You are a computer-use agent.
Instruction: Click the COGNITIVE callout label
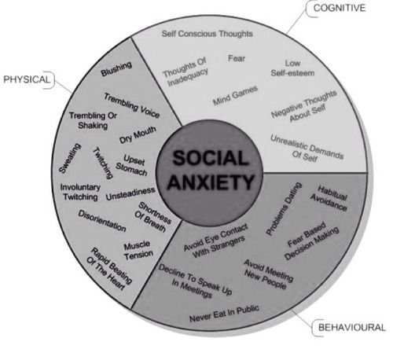340,8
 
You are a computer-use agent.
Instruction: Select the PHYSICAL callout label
27,79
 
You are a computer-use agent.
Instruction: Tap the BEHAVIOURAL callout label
351,327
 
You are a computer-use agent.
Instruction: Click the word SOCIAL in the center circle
210,158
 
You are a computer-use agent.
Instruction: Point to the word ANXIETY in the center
211,182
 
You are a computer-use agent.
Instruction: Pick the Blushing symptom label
116,69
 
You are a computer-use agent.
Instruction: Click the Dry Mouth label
138,134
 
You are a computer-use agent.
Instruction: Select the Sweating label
70,158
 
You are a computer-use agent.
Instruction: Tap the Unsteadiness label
130,193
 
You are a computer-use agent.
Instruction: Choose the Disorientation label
102,221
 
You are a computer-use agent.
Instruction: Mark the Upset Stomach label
132,165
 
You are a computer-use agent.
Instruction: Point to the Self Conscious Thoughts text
207,34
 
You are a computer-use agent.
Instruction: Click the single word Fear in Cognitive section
237,58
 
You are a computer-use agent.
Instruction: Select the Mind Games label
235,95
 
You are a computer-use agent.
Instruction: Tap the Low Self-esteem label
292,68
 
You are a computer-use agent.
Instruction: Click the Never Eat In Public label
224,314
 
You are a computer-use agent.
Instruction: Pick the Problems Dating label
284,209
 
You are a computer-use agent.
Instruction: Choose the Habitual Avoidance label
329,198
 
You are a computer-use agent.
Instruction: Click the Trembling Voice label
132,105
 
